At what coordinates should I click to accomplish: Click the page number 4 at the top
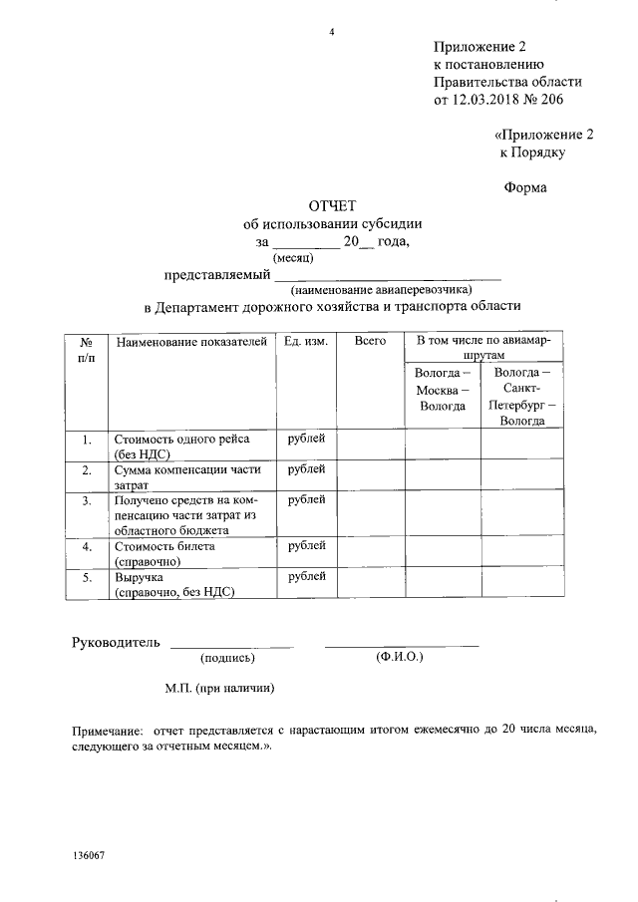[332, 33]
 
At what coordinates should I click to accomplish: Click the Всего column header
[369, 342]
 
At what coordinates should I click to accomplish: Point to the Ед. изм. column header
[305, 342]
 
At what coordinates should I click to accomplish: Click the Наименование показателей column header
[191, 342]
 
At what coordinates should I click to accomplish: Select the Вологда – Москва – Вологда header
[442, 389]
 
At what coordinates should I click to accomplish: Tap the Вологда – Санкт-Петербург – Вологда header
[521, 396]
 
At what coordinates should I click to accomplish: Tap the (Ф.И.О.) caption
[400, 658]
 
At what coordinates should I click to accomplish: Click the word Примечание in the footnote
[106, 731]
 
